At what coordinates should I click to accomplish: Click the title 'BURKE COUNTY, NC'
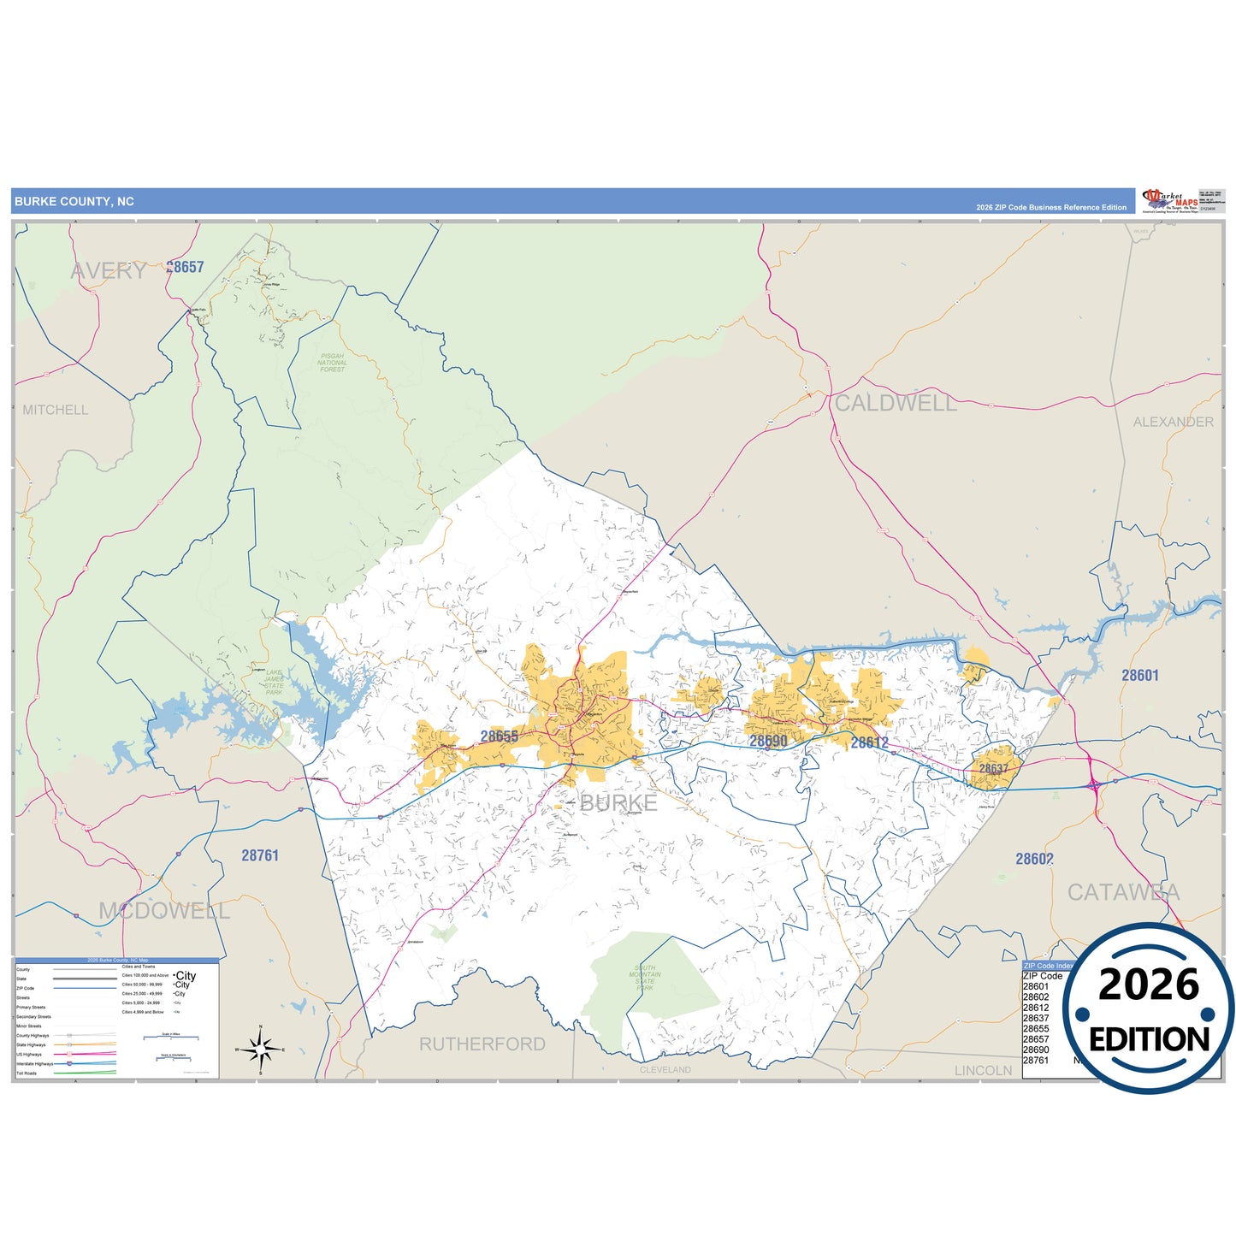point(74,202)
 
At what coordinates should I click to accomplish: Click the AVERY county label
point(109,271)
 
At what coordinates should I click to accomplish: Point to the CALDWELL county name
point(896,404)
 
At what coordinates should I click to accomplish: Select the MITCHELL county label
point(56,411)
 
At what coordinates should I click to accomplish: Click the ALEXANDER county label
point(1173,422)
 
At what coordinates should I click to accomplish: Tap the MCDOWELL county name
point(164,911)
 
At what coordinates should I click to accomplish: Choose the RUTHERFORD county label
point(482,1044)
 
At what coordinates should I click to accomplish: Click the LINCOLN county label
point(983,1070)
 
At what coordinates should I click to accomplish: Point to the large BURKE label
point(618,802)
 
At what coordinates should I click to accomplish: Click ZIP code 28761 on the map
point(260,855)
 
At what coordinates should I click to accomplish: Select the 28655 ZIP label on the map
point(499,736)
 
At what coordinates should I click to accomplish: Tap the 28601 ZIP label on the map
point(1140,676)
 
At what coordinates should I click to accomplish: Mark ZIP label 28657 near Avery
point(186,267)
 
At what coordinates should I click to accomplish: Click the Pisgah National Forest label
point(332,363)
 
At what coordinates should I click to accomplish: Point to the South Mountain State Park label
point(644,978)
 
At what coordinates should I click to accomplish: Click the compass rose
point(261,1049)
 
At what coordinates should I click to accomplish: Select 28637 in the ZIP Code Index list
point(1036,1018)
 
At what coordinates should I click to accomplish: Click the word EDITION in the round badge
point(1149,1039)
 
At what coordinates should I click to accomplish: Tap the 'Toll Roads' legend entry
point(27,1073)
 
